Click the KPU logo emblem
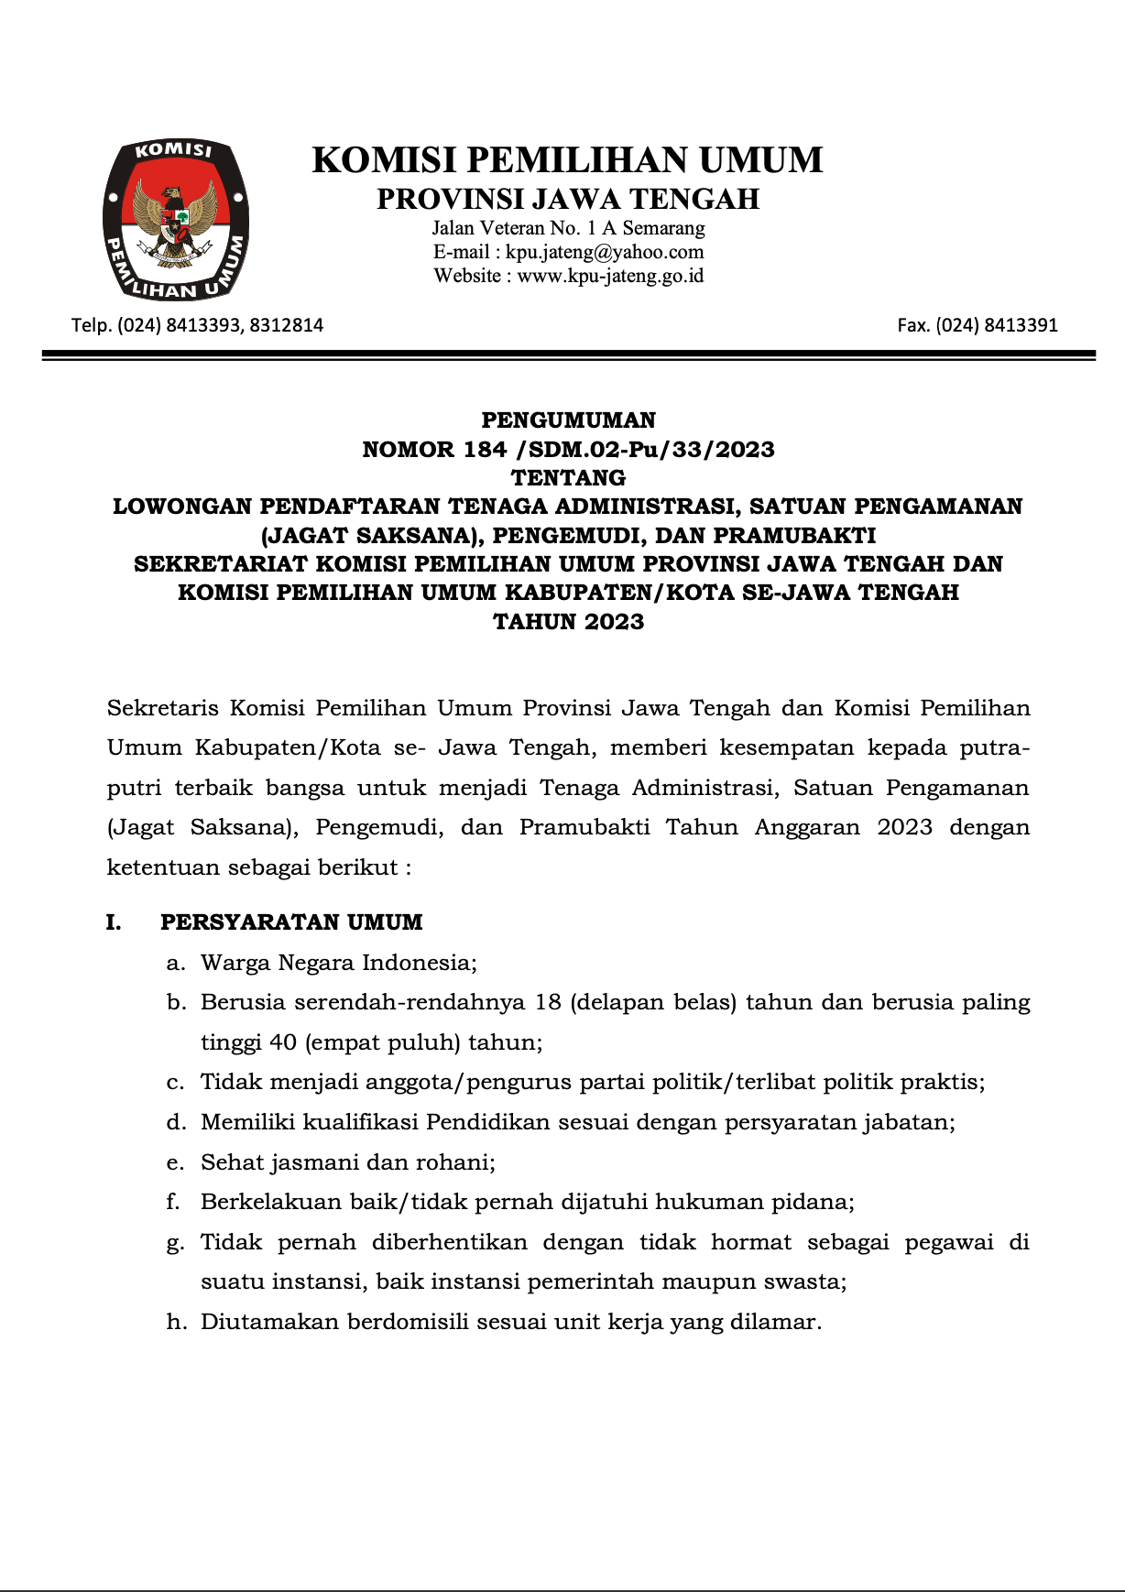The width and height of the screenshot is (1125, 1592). [176, 221]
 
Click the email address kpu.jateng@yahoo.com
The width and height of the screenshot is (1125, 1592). [605, 252]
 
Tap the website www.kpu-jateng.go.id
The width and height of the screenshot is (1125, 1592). [610, 276]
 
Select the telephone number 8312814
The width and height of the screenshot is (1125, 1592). [286, 325]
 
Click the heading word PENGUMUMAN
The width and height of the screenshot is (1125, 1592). [568, 420]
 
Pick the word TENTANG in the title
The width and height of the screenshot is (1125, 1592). [568, 478]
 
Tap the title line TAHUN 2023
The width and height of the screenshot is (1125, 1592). [568, 622]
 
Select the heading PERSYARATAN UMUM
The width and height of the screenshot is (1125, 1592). [291, 922]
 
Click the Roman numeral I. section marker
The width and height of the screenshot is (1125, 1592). [114, 922]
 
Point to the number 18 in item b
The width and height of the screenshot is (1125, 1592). [548, 1002]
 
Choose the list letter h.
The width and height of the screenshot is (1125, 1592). [175, 1322]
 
